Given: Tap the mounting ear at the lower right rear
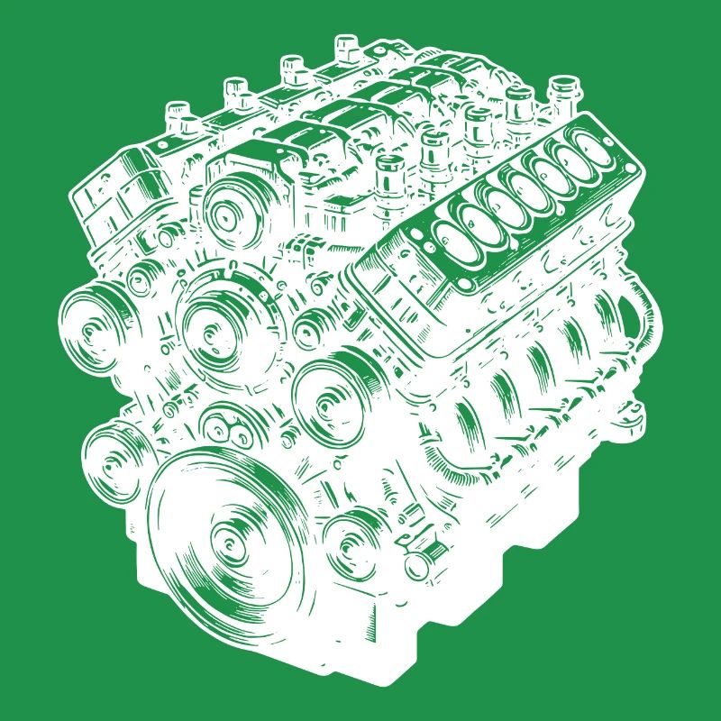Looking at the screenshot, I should click(631, 415).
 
